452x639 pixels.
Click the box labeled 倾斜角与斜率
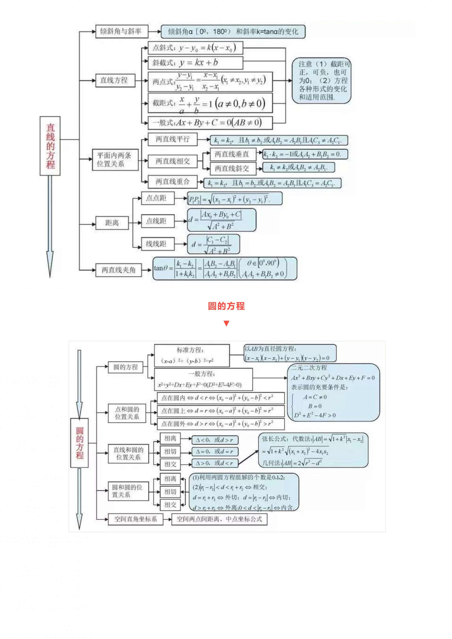click(122, 31)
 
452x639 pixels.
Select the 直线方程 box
click(115, 80)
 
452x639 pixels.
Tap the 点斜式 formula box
click(195, 48)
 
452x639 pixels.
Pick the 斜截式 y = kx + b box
click(195, 63)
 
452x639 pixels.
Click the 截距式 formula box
click(210, 103)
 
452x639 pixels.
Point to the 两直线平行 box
click(172, 139)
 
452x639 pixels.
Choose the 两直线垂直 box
click(232, 154)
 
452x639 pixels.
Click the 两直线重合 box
click(172, 182)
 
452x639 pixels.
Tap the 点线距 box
click(158, 221)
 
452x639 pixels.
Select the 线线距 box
click(158, 244)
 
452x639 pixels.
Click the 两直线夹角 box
click(118, 270)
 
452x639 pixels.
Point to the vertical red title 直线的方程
click(50, 146)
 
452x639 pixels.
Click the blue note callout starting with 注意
click(321, 81)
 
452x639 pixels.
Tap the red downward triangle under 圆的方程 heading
click(226, 323)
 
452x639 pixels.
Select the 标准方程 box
click(192, 355)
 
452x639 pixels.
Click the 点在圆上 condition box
click(221, 411)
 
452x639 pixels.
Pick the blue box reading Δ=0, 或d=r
click(215, 452)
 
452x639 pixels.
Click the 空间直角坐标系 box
click(135, 519)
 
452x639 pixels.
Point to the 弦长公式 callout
click(313, 450)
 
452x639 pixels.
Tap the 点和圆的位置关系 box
click(127, 413)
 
